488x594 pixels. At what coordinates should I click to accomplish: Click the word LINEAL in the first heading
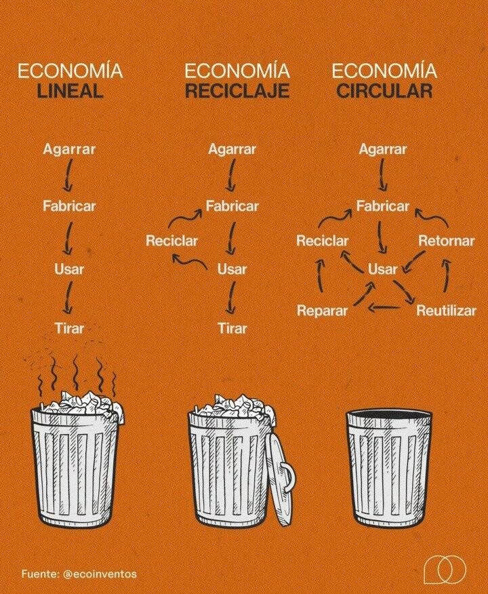point(70,91)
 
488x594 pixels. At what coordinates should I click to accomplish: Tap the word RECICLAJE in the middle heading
point(237,91)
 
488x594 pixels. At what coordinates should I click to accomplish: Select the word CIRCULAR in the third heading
point(384,91)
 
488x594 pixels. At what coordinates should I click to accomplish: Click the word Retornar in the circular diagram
point(446,241)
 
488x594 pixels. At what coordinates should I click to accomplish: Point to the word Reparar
point(322,311)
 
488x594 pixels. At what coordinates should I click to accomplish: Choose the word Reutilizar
point(446,311)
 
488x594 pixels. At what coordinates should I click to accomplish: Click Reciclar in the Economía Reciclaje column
point(172,241)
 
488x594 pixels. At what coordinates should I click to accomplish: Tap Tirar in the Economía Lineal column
point(69,328)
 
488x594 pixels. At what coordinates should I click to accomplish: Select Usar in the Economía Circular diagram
point(382,269)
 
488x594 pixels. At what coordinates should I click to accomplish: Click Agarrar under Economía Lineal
point(69,149)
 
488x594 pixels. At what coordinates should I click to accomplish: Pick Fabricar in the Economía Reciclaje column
point(232,206)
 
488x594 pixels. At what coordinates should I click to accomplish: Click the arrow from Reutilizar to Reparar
point(384,307)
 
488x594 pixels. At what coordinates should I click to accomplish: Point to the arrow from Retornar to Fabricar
point(432,218)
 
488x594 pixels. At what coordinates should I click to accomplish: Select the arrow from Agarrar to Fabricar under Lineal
point(68,175)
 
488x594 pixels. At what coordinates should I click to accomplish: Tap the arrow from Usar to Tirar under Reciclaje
point(230,298)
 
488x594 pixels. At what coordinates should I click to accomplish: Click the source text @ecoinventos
point(100,574)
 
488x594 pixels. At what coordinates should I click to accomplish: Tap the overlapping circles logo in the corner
point(445,569)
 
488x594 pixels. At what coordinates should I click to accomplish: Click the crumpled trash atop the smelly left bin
point(80,404)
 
